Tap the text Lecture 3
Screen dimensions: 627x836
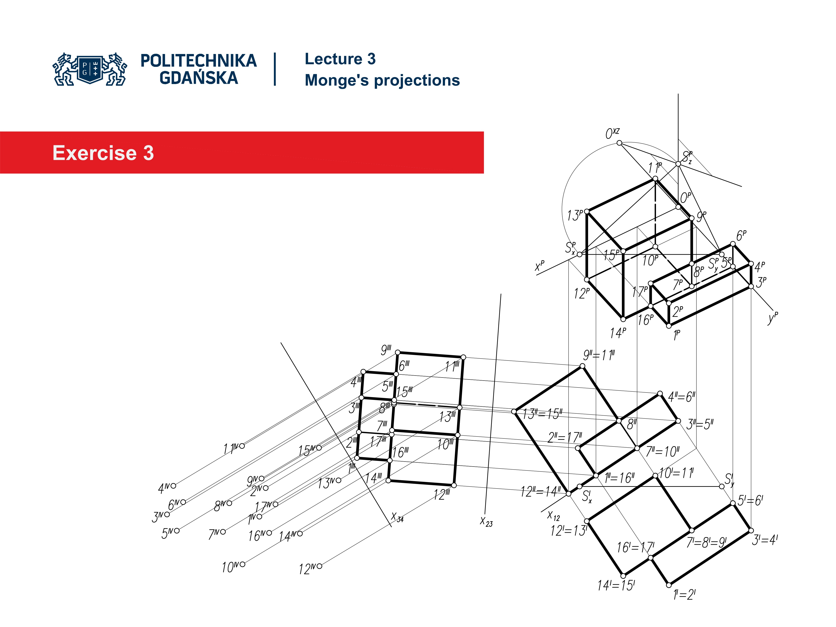click(x=340, y=59)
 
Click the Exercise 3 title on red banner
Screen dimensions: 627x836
click(x=103, y=153)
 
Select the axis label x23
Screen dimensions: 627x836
click(x=486, y=522)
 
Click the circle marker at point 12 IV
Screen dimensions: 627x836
click(x=320, y=566)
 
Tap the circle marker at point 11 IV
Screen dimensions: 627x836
click(x=242, y=446)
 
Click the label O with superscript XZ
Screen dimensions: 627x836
click(x=612, y=133)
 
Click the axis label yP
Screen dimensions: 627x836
click(x=772, y=318)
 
